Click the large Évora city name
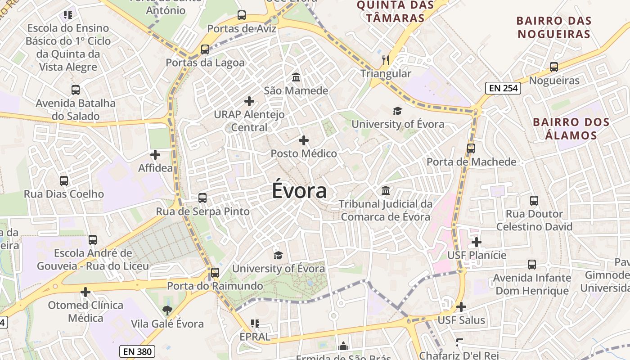[x=299, y=191]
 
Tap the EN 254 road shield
[x=503, y=88]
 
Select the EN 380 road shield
[x=138, y=351]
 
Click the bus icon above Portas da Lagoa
[x=205, y=49]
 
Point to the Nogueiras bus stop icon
[x=554, y=67]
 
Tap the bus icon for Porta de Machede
[x=471, y=148]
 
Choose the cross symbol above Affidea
[x=155, y=155]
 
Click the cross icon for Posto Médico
[x=304, y=140]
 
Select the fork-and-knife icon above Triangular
[x=386, y=60]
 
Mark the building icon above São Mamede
[x=296, y=77]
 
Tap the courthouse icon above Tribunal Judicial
[x=386, y=191]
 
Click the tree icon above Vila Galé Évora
[x=167, y=310]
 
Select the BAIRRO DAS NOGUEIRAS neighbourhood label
[x=553, y=27]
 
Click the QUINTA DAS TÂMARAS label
[x=396, y=12]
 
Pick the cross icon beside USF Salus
[x=461, y=307]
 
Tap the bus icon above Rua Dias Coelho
[x=64, y=181]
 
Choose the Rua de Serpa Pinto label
[x=202, y=211]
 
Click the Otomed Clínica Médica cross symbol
[x=85, y=292]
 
